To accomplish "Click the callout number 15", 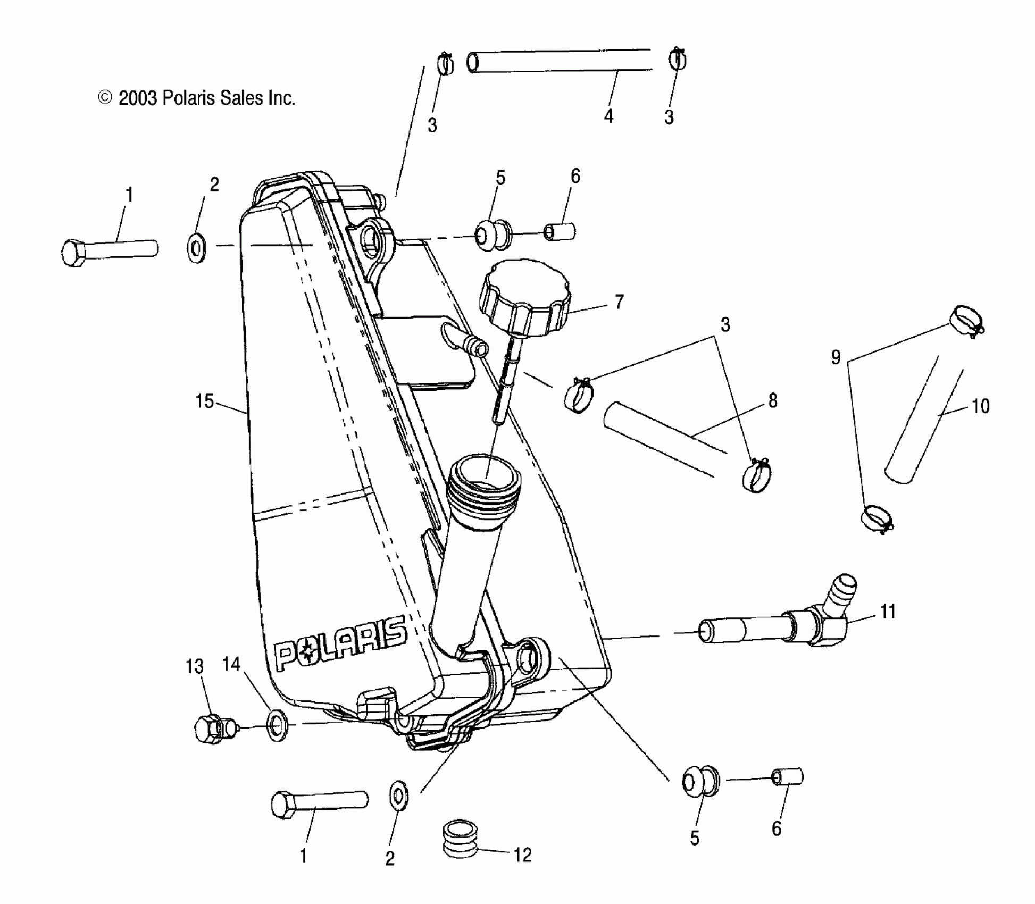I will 205,401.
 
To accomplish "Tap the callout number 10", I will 981,407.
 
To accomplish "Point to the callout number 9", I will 836,357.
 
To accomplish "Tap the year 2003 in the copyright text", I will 138,98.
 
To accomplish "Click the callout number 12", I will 523,855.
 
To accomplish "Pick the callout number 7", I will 619,302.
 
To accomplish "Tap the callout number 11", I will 888,612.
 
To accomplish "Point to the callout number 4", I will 609,116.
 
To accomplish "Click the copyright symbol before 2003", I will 105,98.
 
